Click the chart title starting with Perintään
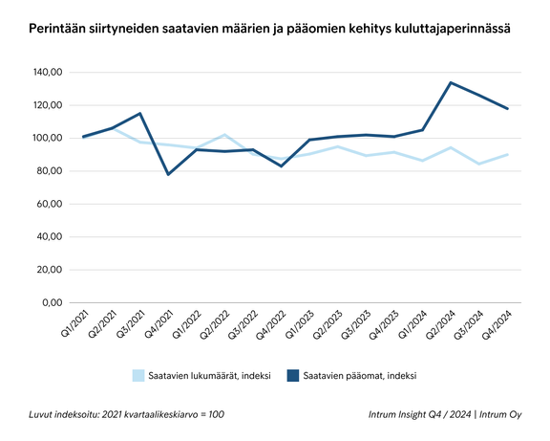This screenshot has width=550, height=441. point(267,30)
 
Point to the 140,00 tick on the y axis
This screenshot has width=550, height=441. point(46,72)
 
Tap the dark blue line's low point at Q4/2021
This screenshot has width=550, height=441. point(168,174)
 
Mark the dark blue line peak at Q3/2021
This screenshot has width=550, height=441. point(140,113)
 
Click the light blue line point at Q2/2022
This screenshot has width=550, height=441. point(223,135)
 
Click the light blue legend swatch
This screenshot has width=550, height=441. point(138,375)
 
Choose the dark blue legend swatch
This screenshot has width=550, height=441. point(292,375)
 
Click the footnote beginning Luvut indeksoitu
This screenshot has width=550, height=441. point(127,414)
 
